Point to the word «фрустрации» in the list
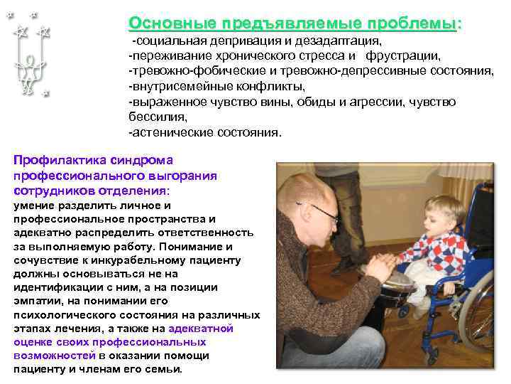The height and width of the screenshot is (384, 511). (408, 55)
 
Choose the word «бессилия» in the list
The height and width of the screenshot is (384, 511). (157, 117)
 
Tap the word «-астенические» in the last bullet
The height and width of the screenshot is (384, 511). (171, 132)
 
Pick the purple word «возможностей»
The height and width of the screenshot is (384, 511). (54, 356)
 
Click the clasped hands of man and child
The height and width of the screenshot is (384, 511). (377, 269)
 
